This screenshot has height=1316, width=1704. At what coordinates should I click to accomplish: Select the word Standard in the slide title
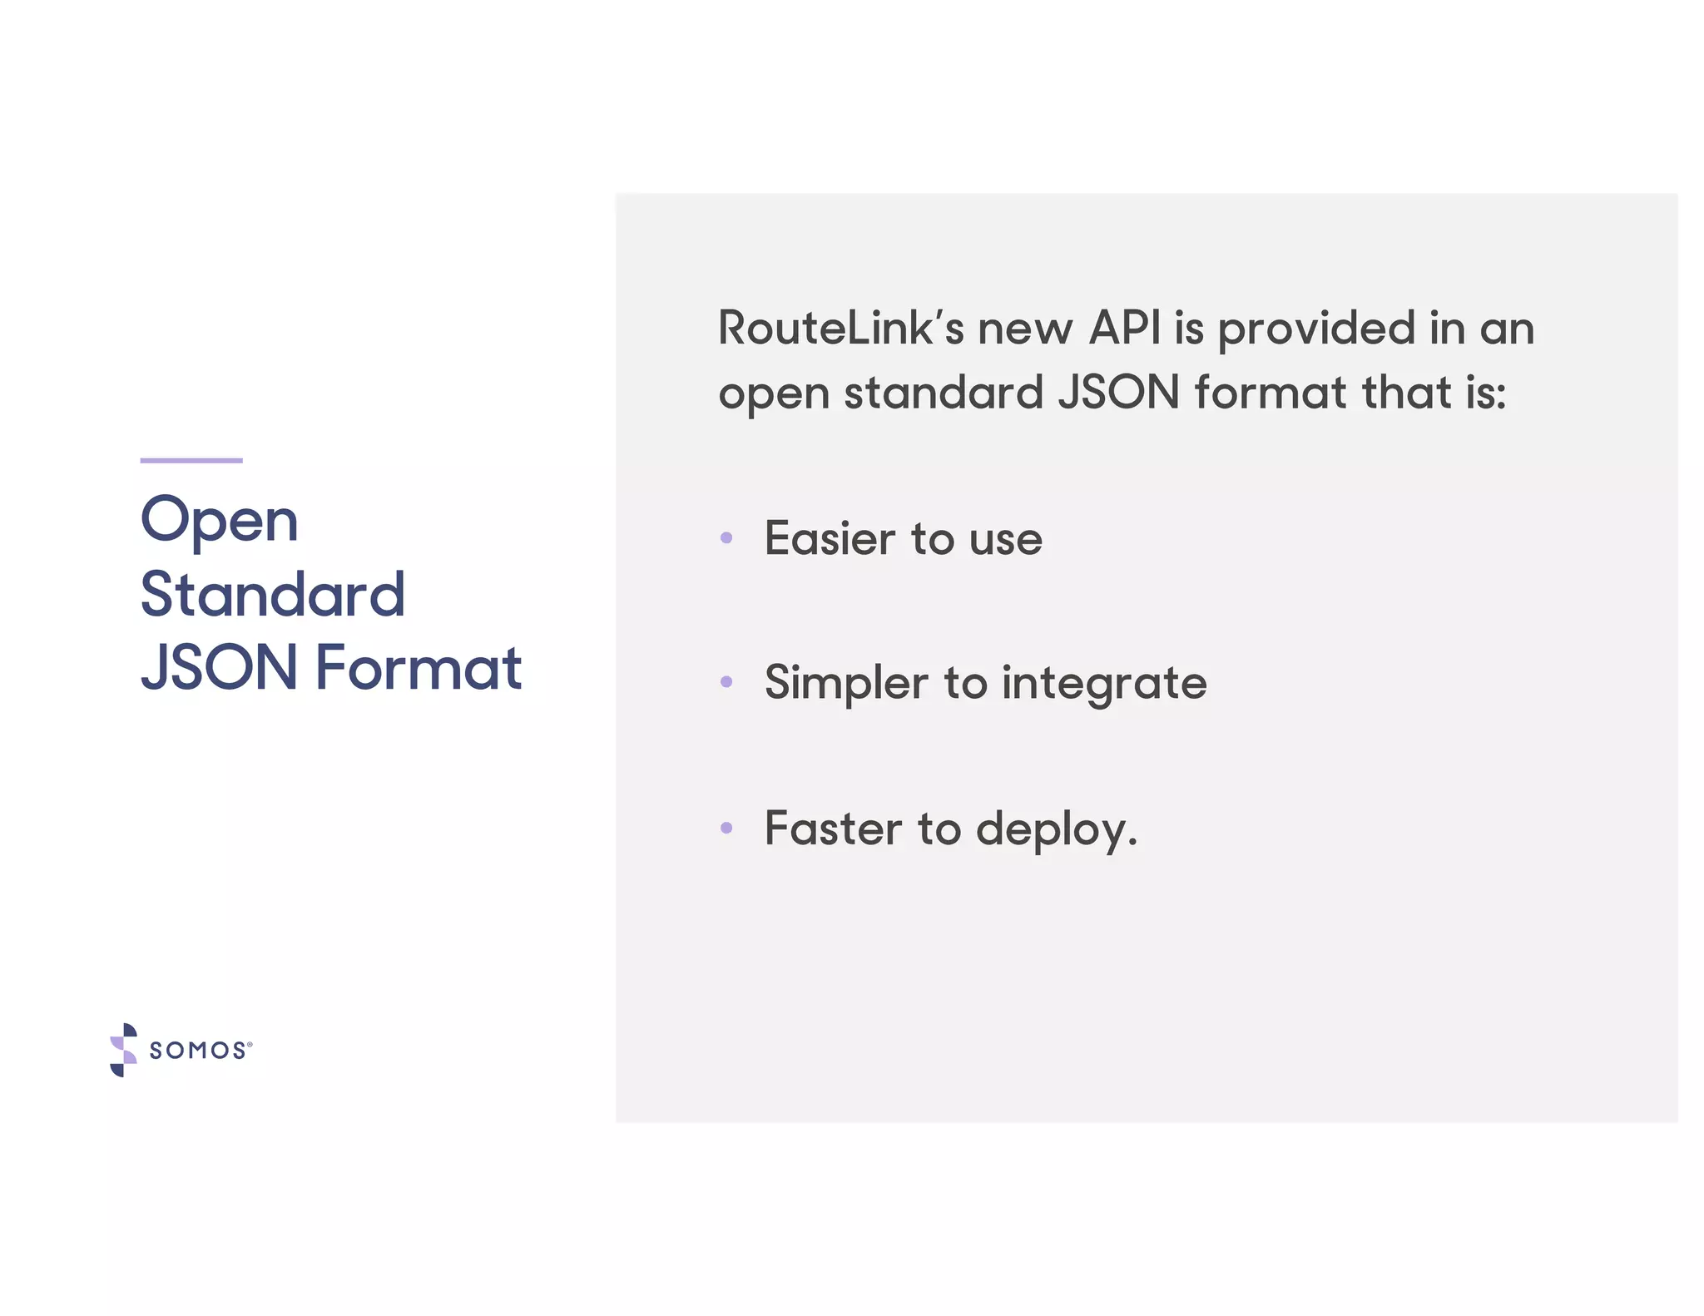coord(272,595)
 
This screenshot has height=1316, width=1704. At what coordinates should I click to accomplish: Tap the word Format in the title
coord(419,667)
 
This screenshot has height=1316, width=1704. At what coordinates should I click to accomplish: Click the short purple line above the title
coord(191,460)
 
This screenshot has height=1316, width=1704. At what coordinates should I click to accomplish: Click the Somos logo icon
coord(123,1050)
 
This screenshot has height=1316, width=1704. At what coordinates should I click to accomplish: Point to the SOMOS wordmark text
coord(198,1051)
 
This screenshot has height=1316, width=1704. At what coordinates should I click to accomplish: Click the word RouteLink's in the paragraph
coord(840,328)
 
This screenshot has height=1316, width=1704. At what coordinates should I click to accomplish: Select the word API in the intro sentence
coord(1124,328)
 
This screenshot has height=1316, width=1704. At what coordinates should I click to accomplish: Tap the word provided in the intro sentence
coord(1316,329)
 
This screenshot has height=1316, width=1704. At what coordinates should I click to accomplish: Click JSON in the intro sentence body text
coord(1118,392)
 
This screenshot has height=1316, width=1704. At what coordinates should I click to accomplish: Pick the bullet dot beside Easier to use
coord(726,538)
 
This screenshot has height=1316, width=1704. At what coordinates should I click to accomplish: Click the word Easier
coord(830,538)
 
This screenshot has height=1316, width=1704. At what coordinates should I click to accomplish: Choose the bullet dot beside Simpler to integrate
coord(726,682)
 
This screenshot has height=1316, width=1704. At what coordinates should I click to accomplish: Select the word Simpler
coord(846,684)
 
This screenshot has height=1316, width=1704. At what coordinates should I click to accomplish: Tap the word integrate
coord(1104,684)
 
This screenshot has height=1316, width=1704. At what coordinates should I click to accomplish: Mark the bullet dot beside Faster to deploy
coord(726,828)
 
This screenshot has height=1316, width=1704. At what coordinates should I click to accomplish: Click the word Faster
coord(833,829)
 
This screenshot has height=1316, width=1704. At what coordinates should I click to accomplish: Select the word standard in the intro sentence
coord(944,392)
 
